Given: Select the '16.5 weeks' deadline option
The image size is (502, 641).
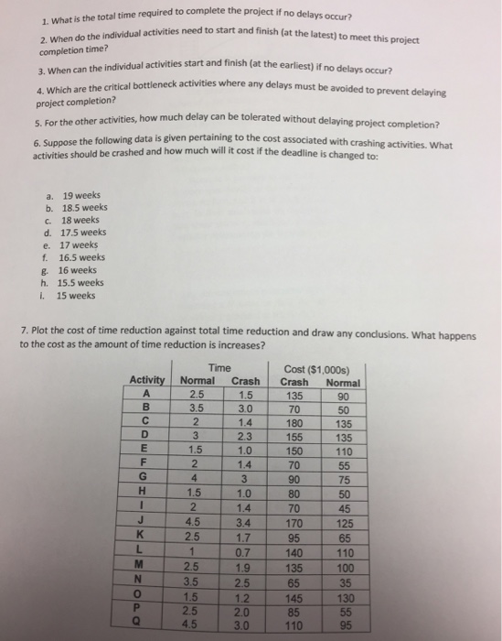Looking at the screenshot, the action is [83, 257].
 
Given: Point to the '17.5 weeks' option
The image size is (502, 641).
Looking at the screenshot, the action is [83, 234].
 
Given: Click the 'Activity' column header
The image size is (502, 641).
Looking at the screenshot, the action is [146, 380].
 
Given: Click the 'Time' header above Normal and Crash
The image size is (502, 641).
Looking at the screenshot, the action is [219, 367].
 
